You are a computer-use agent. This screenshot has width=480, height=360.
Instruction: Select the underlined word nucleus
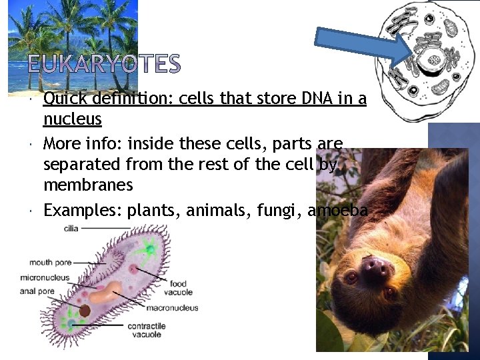pos(72,119)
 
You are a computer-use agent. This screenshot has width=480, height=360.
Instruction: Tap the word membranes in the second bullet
pos(88,184)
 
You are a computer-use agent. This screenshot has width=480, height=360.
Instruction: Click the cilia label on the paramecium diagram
pos(71,228)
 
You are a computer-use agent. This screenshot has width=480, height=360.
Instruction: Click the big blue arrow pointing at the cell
pos(365,45)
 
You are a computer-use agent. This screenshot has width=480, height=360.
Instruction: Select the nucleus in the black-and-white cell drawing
pos(434,60)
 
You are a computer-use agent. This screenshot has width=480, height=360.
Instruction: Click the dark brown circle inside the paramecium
pos(85,311)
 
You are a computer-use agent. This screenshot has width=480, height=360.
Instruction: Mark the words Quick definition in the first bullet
pos(93,99)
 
